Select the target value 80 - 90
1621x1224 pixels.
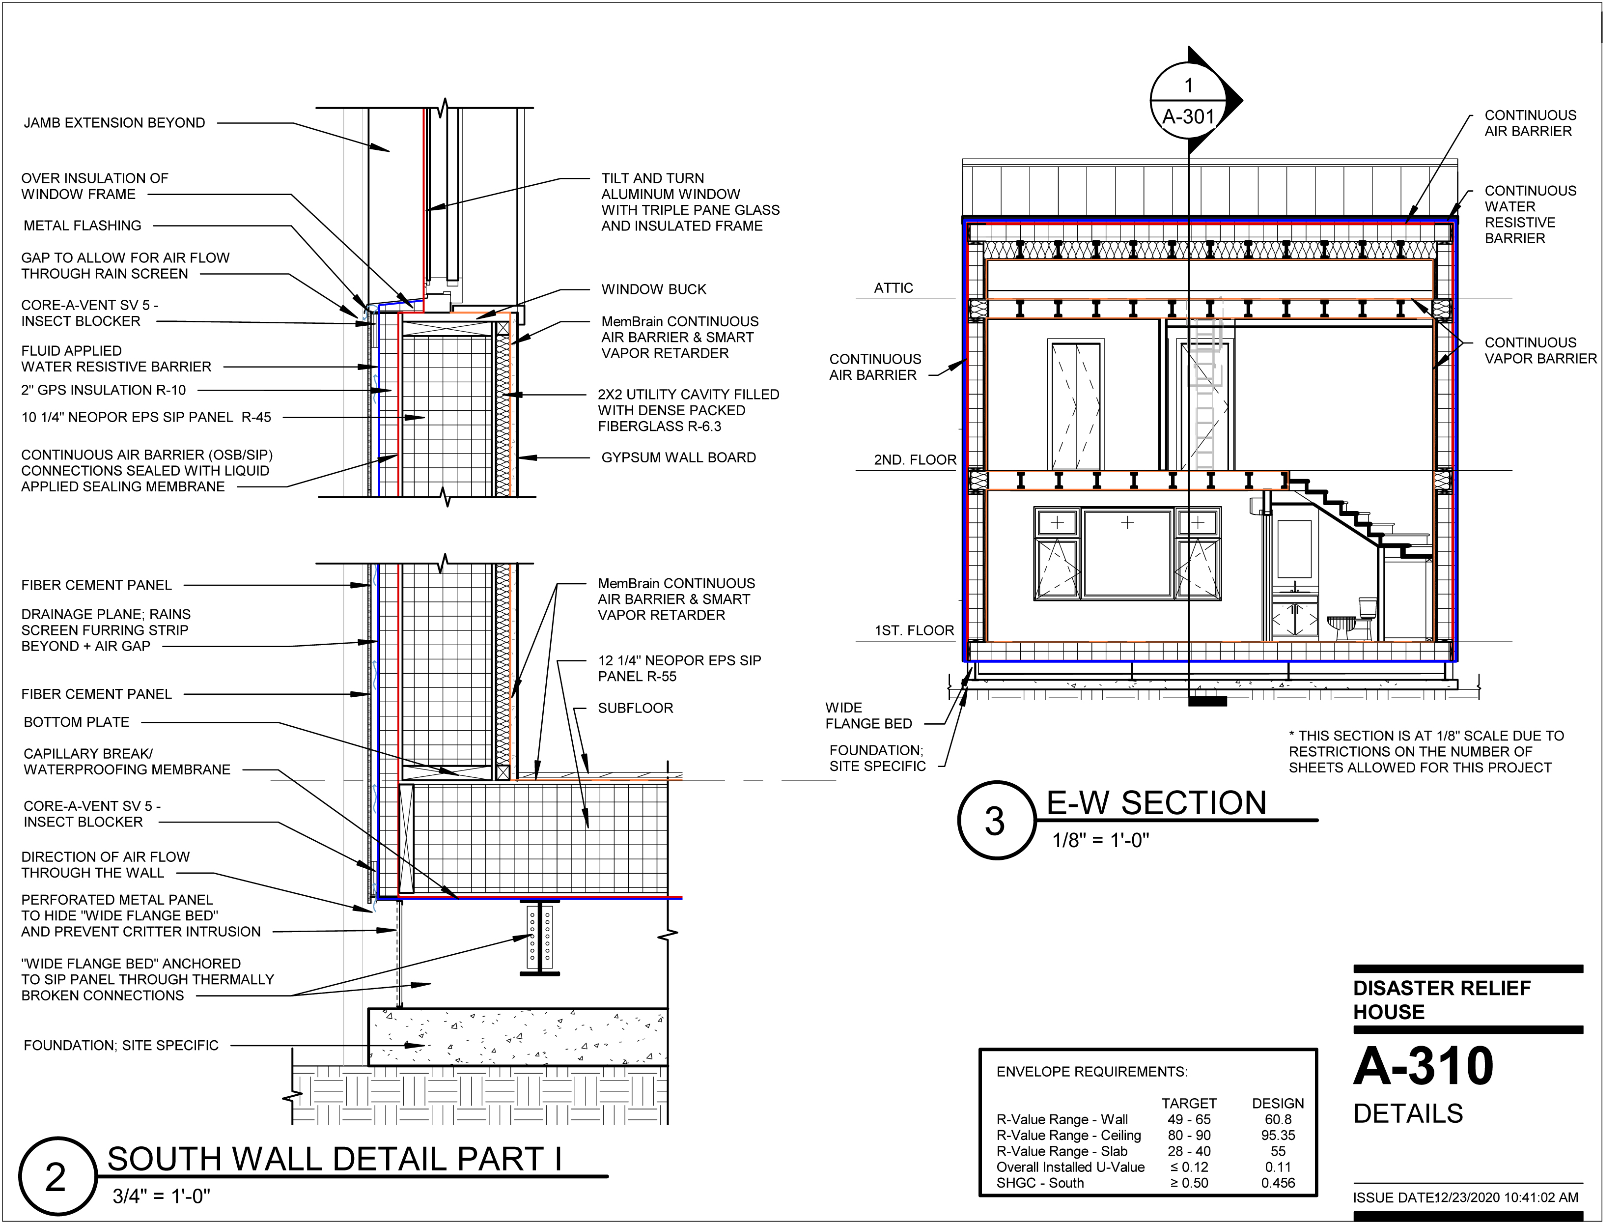pos(1189,1136)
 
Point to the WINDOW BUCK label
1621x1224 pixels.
pos(654,289)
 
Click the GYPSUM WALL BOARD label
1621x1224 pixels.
pos(678,458)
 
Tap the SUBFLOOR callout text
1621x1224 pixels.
pos(635,709)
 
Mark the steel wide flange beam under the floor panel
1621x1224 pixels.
pos(539,938)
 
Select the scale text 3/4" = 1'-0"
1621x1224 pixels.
pos(161,1197)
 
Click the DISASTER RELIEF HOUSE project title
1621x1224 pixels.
pos(1441,1000)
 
